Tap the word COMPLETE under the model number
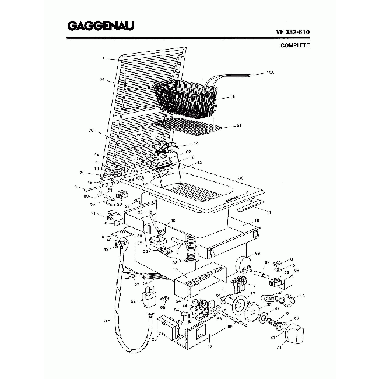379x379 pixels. [295, 45]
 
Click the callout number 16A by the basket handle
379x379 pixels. [269, 73]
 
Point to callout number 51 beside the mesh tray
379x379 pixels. [238, 125]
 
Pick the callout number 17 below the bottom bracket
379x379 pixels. [210, 347]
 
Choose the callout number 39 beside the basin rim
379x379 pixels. [241, 178]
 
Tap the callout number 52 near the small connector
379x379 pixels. [134, 301]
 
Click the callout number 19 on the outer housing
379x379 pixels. [256, 220]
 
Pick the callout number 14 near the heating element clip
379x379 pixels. [196, 143]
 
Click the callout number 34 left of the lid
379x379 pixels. [101, 79]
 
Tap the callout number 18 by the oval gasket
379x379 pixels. [302, 296]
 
